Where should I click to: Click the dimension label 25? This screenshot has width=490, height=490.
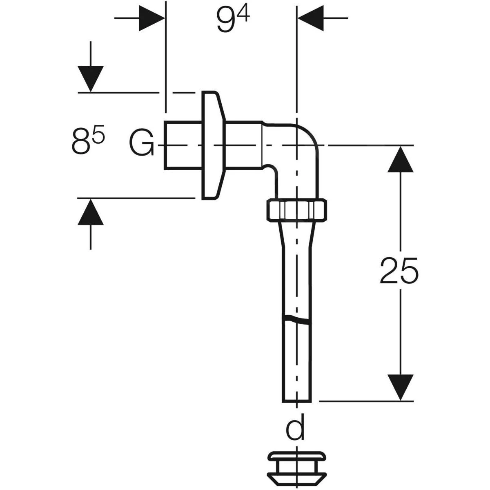pyautogui.click(x=399, y=270)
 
